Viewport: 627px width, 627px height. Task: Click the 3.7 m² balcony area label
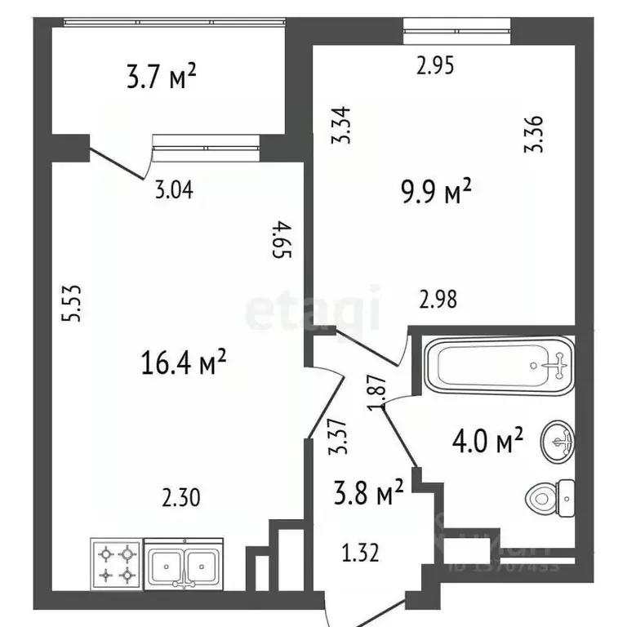pos(162,78)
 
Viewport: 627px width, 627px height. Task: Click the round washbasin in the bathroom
pos(558,441)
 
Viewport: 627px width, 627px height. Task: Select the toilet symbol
pos(549,496)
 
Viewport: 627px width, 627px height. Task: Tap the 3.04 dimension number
pos(174,193)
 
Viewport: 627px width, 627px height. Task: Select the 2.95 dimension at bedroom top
pos(434,67)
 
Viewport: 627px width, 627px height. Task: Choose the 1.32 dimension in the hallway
pos(360,555)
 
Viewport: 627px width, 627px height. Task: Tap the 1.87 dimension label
pos(377,394)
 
